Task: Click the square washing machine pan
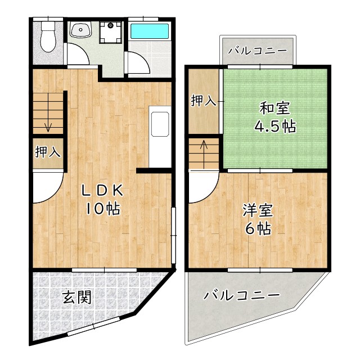pos(111,32)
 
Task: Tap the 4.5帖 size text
pos(273,127)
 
